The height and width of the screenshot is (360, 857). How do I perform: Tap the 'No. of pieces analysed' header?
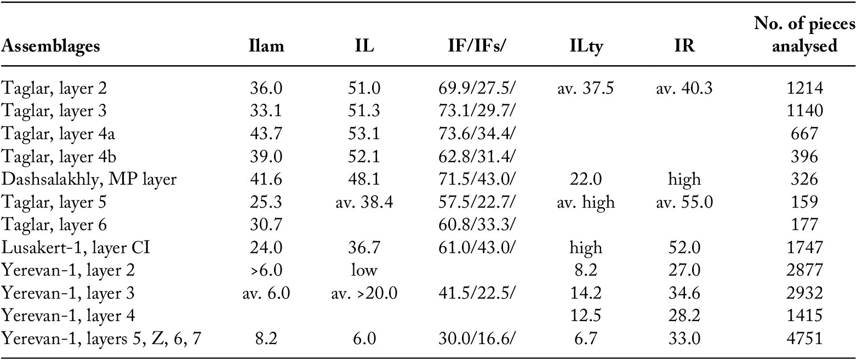(805, 35)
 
